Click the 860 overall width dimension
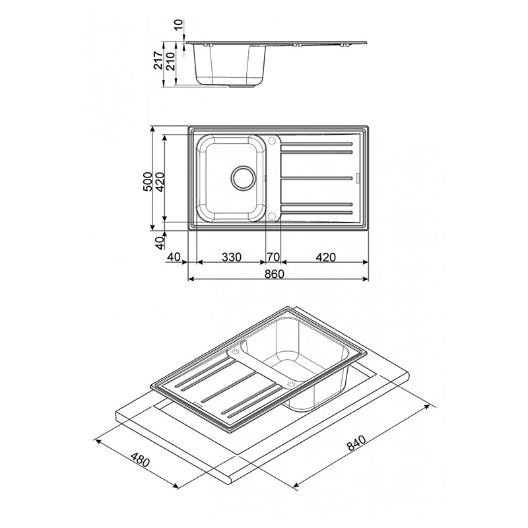[x=274, y=274]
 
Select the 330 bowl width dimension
[x=232, y=257]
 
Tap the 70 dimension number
[x=273, y=257]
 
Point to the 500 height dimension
[x=147, y=182]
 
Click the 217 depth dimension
[x=158, y=60]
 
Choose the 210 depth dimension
[x=171, y=61]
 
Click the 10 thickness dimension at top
[x=178, y=24]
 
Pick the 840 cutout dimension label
[x=356, y=443]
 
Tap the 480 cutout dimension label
[x=140, y=460]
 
